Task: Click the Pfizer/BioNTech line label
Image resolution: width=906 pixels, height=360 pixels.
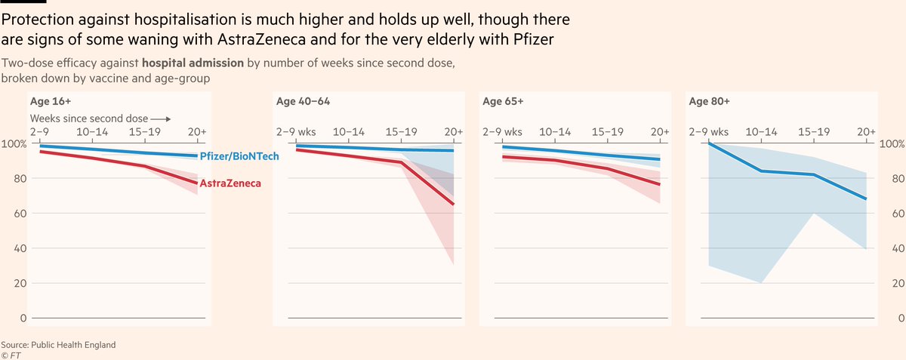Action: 239,156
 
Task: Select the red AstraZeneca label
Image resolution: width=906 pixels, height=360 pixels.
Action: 230,183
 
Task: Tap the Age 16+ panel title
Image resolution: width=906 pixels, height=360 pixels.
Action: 51,101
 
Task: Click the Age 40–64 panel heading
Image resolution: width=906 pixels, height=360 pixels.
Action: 303,101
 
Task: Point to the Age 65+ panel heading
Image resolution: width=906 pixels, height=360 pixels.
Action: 503,101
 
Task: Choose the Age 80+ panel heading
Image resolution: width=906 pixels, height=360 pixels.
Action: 710,101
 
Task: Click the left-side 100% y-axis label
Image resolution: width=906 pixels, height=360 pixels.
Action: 14,144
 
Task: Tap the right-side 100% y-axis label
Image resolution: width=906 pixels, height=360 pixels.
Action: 892,144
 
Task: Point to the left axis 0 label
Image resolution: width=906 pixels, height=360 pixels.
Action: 23,318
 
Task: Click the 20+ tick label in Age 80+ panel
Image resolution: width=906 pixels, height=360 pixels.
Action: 867,132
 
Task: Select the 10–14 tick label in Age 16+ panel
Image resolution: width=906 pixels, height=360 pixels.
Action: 92,132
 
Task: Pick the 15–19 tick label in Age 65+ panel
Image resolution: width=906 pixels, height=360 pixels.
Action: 608,132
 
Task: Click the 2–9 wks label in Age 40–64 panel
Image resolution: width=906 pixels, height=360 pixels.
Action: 296,132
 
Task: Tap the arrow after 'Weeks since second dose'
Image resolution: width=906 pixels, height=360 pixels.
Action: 161,119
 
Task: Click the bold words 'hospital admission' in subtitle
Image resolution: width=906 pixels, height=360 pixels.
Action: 193,63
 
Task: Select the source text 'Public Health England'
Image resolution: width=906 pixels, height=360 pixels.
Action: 73,345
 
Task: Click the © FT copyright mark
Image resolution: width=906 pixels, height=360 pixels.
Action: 11,355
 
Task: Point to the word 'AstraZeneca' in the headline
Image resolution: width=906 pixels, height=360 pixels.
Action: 261,40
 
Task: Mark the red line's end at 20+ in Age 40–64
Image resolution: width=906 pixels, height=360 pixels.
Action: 454,205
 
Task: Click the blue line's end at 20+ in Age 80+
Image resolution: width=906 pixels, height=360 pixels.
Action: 866,198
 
